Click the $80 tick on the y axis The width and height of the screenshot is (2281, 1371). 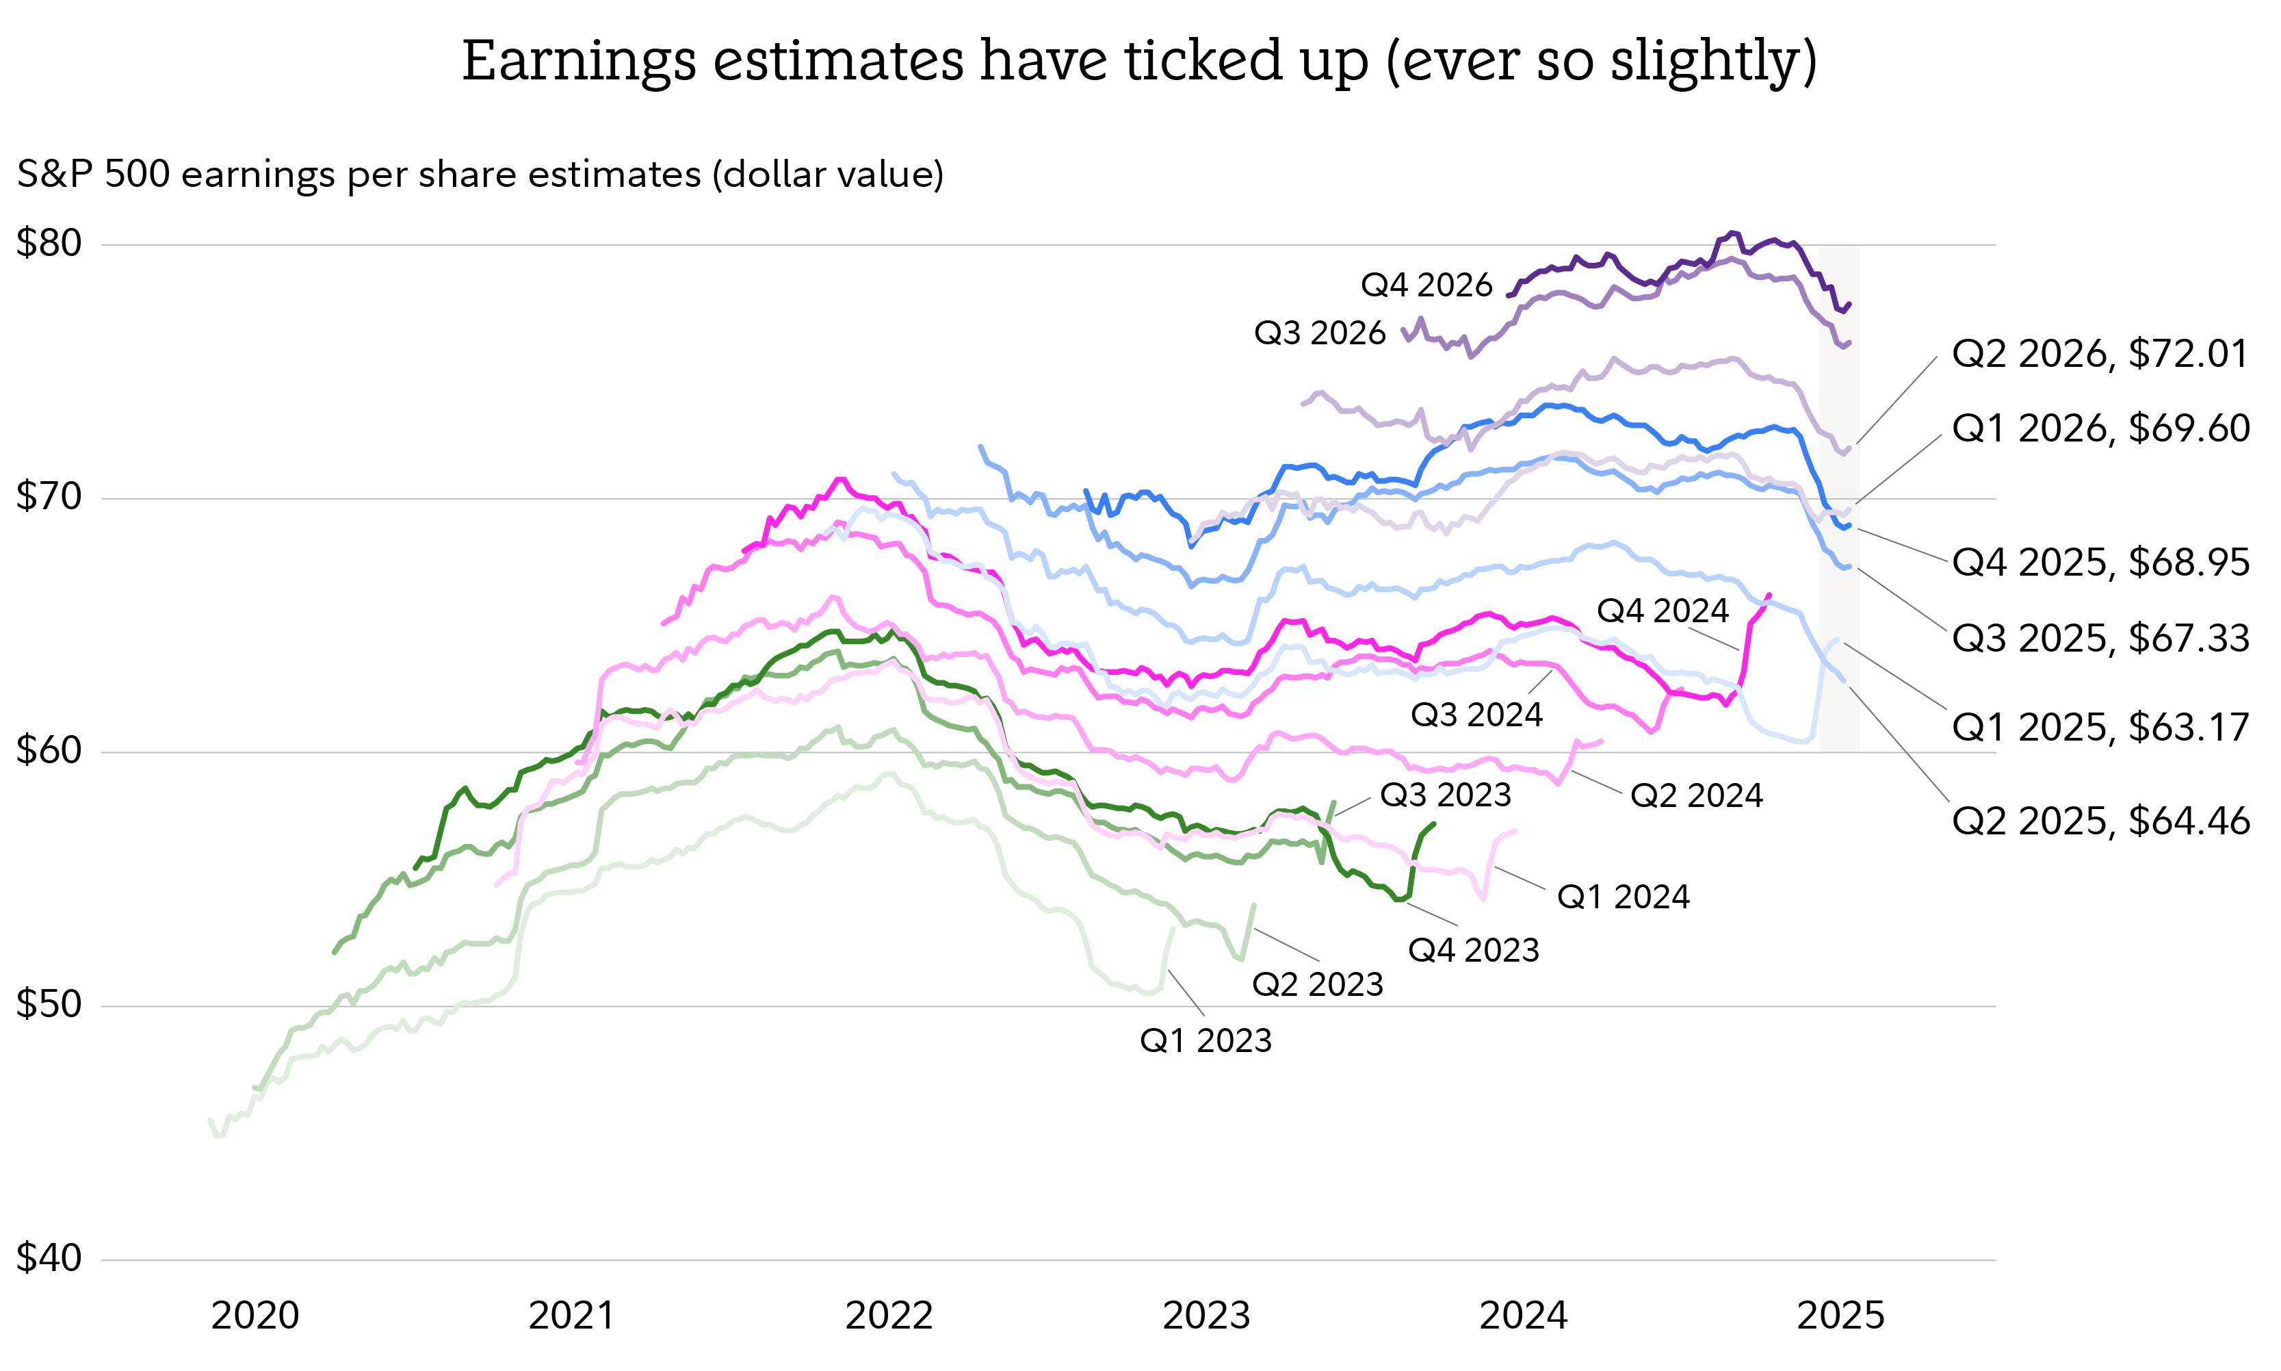[x=49, y=244]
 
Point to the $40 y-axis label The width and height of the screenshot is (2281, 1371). [x=49, y=1258]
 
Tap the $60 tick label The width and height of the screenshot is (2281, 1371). [x=49, y=751]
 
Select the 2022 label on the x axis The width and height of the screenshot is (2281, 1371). [x=889, y=1316]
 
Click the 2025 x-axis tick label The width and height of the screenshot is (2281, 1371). [x=1840, y=1316]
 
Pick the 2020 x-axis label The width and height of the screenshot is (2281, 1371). [x=255, y=1316]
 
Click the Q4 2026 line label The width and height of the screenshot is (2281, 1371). [x=1426, y=285]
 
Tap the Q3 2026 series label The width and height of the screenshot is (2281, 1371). [x=1319, y=333]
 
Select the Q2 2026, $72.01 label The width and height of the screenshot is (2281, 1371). [x=2099, y=354]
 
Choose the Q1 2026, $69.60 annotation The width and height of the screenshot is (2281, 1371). [x=2100, y=428]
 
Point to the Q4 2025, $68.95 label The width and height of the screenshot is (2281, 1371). [x=2100, y=563]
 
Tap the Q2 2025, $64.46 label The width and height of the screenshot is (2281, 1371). [x=2100, y=821]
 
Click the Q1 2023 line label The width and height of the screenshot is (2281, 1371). [x=1205, y=1041]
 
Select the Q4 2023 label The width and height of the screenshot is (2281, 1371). [x=1473, y=951]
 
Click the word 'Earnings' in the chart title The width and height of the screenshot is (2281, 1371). [x=578, y=62]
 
